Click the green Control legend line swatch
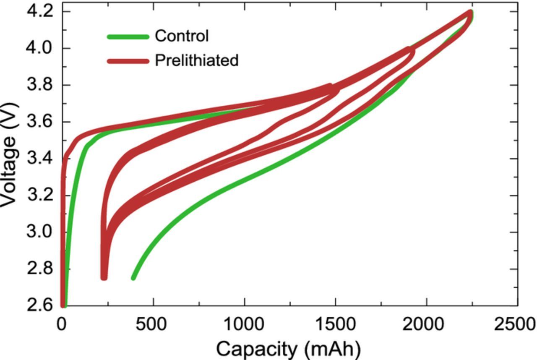(128, 37)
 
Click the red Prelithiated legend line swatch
(128, 61)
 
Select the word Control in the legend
(181, 36)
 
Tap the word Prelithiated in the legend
(196, 60)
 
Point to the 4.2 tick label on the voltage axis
(40, 11)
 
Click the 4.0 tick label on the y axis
(40, 48)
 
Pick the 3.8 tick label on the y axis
(40, 85)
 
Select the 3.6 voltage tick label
(40, 122)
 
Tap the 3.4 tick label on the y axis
(40, 159)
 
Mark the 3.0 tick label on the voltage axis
(40, 232)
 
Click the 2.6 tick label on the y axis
(40, 305)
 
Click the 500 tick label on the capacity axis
(153, 324)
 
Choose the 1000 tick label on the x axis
(244, 324)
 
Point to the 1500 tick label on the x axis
(335, 324)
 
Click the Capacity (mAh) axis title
(288, 348)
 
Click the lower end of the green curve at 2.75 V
(134, 277)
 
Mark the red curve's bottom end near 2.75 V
(104, 277)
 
